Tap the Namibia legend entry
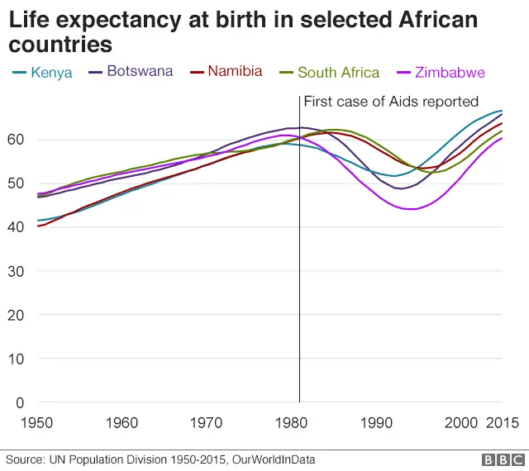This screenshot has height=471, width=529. point(235,71)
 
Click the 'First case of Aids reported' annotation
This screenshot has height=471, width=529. point(391,102)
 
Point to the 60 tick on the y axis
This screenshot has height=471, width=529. point(16,140)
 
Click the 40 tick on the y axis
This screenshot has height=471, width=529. point(16,227)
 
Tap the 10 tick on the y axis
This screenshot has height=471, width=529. point(16,359)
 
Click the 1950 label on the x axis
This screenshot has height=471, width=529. point(36,423)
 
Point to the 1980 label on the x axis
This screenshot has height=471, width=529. point(292,423)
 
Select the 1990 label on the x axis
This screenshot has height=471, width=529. point(377,423)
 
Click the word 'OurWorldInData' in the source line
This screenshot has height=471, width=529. point(269,459)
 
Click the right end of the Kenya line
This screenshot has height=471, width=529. point(502,111)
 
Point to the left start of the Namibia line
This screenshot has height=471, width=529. point(38,226)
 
